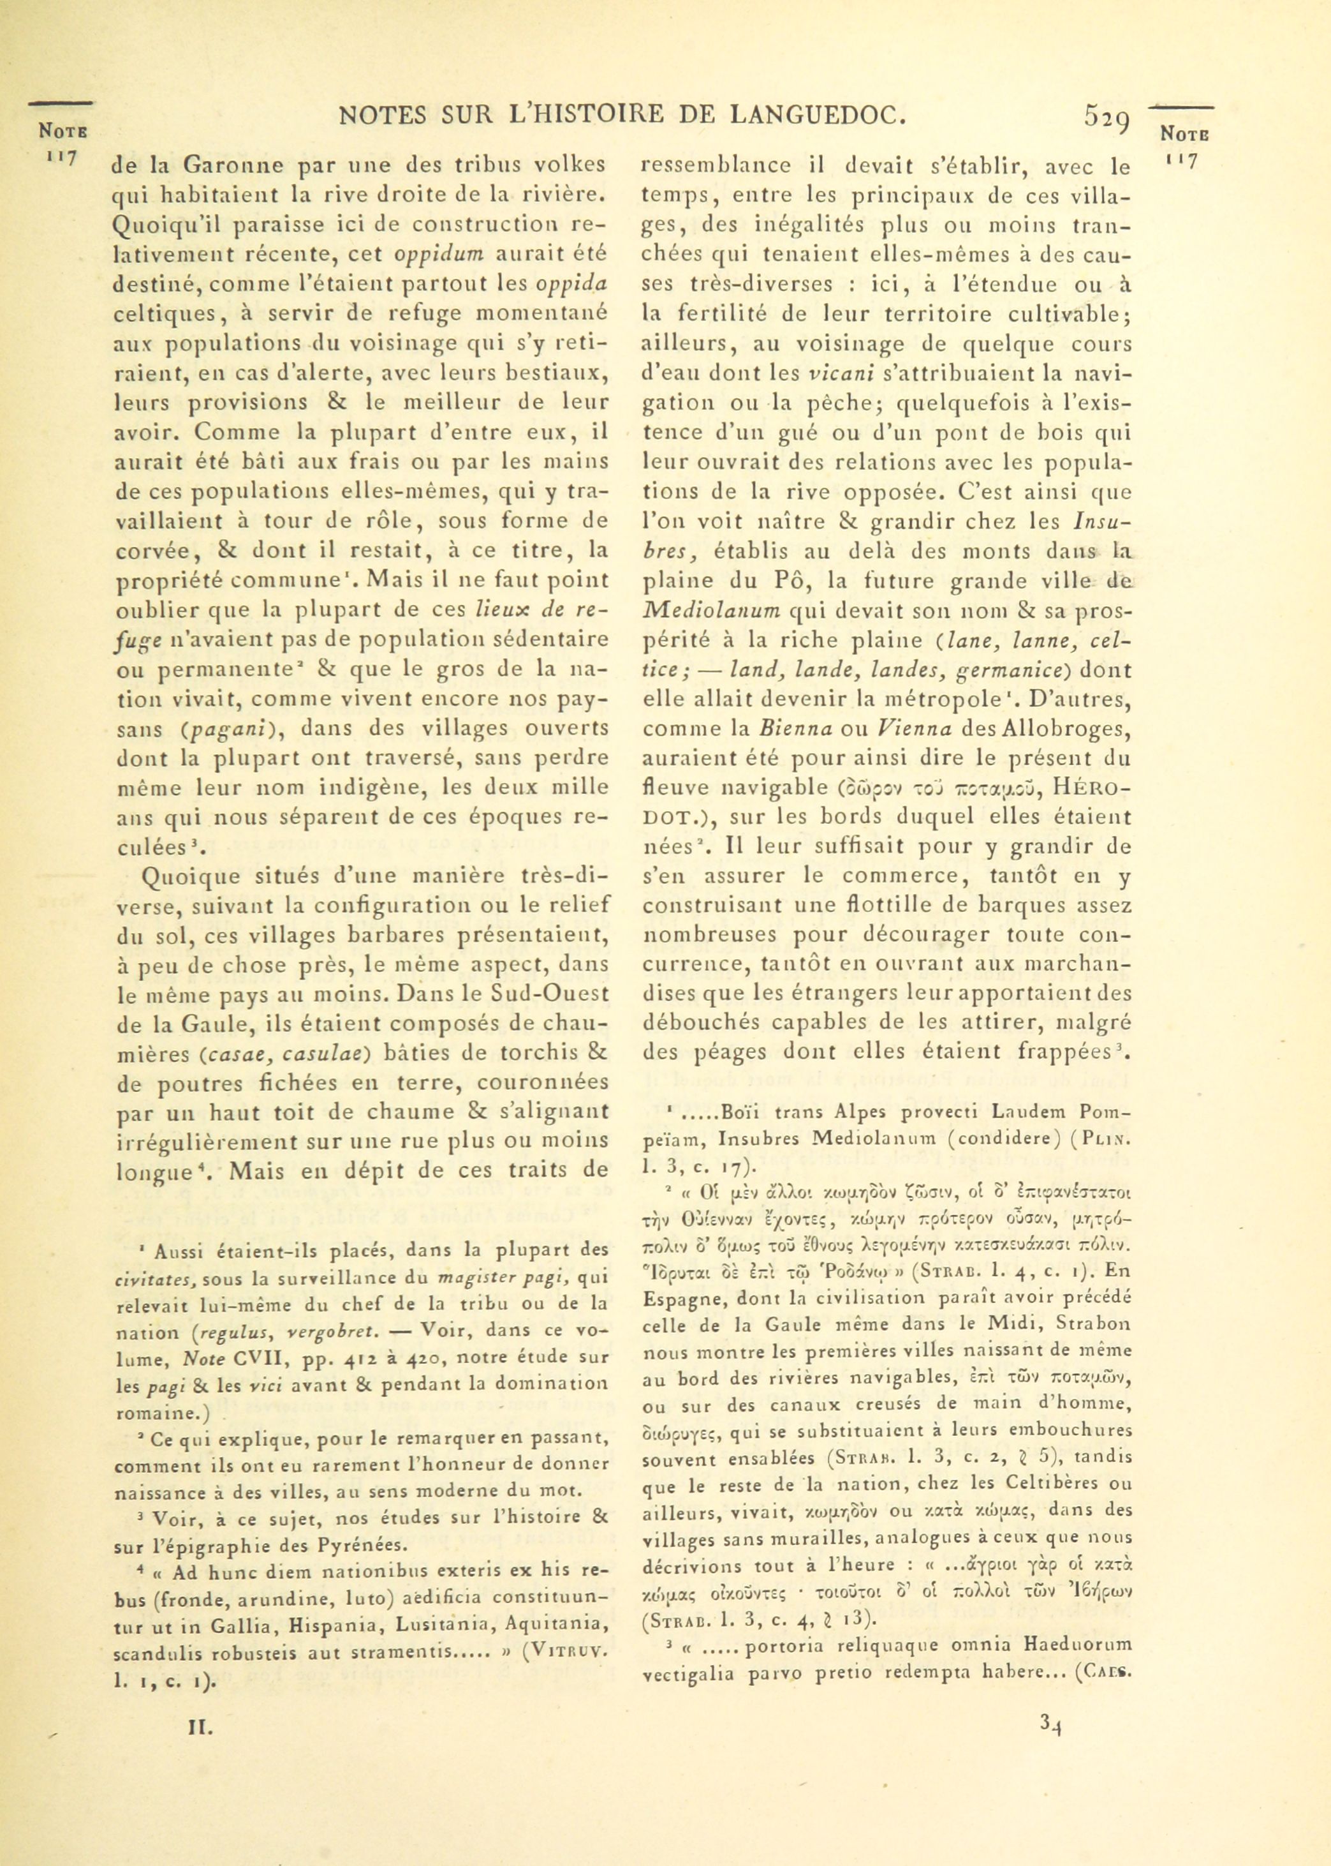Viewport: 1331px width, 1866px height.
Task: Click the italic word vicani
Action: pos(837,373)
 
